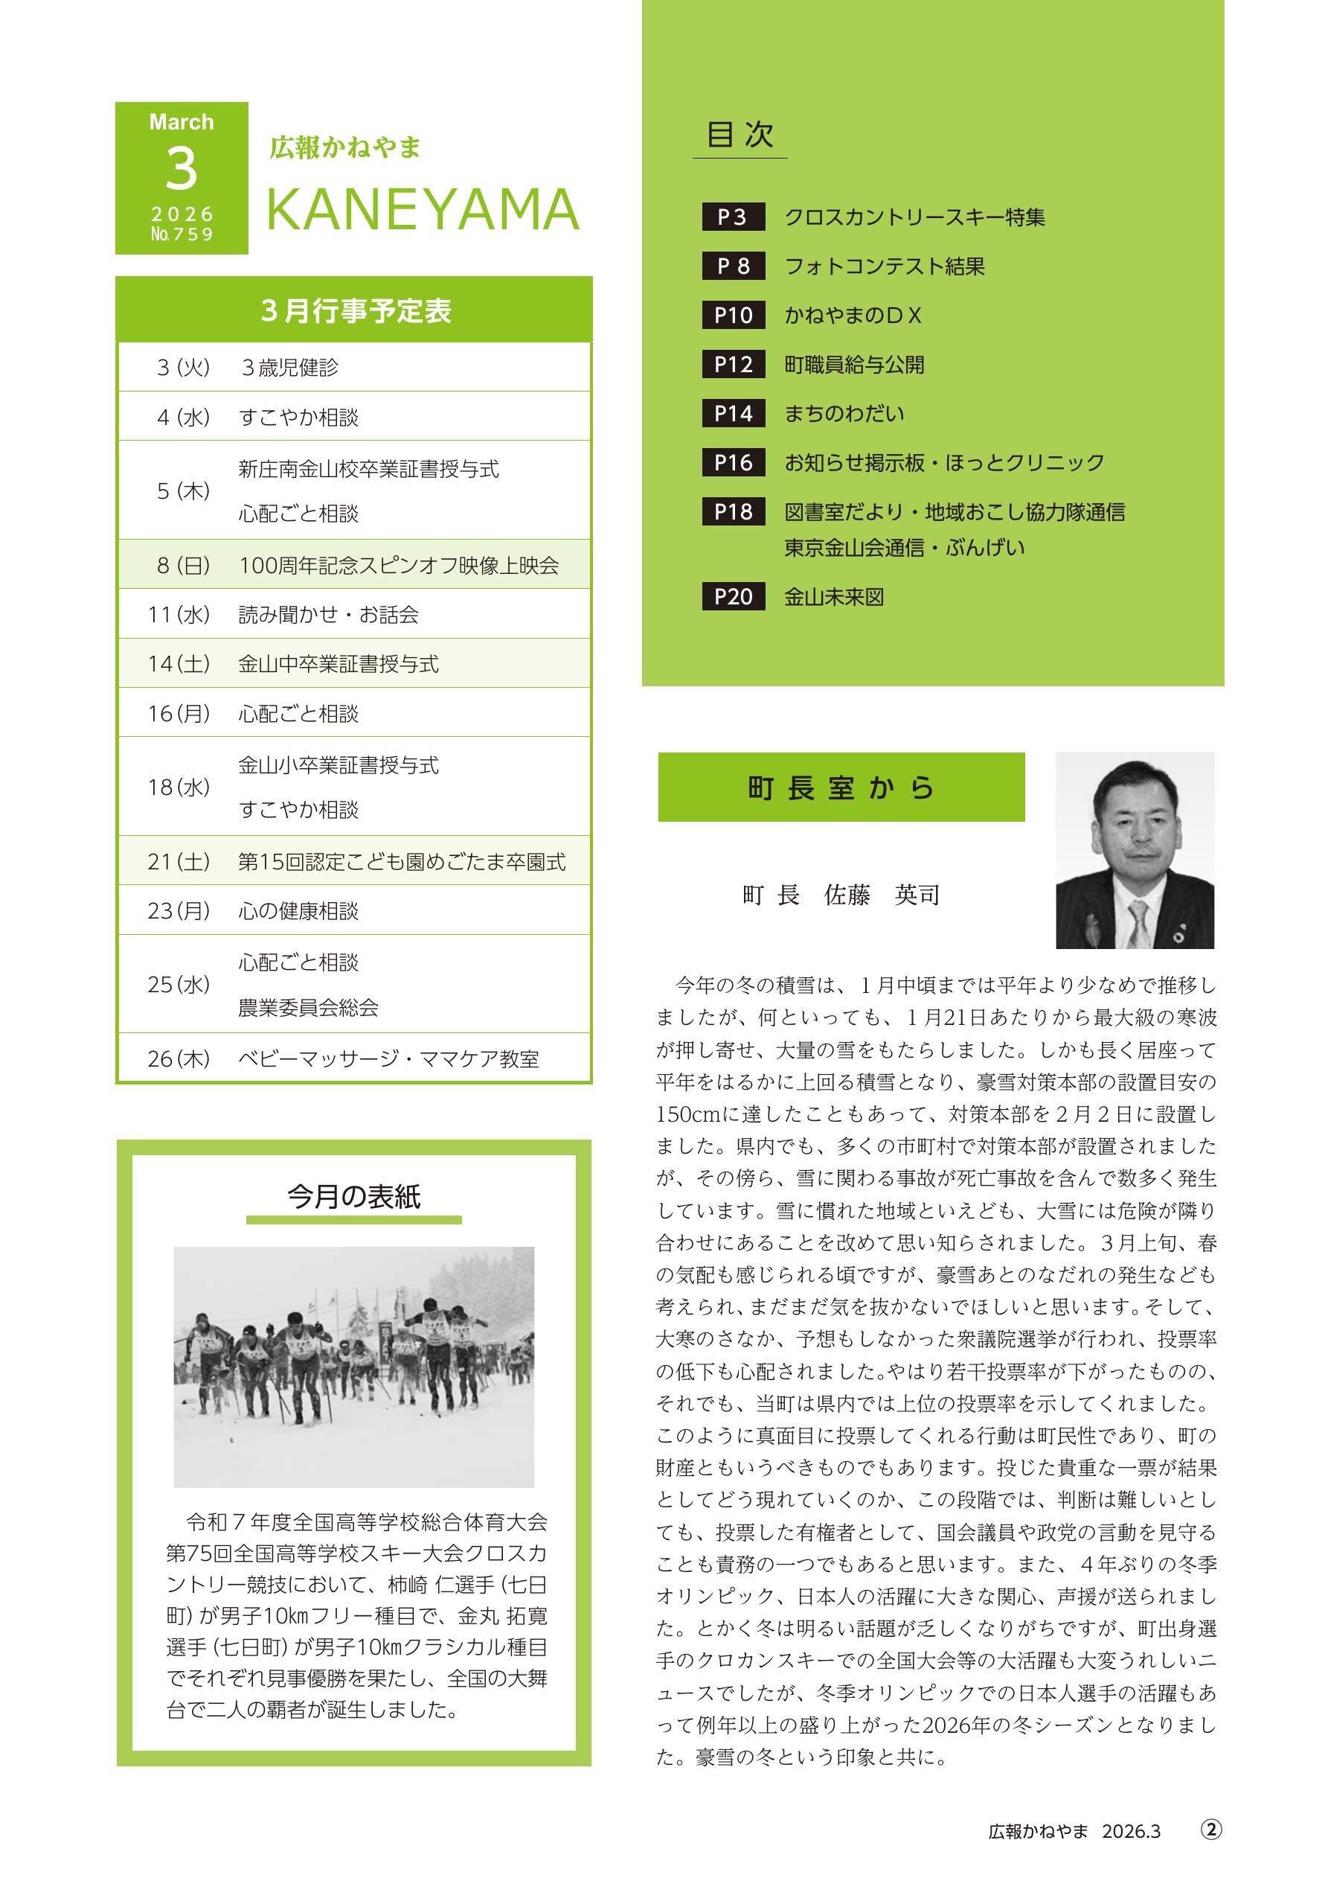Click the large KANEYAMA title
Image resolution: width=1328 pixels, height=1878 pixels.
pos(423,210)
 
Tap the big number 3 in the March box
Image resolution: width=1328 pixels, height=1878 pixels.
pos(182,168)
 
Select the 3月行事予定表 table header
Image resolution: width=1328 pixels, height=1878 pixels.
pos(354,311)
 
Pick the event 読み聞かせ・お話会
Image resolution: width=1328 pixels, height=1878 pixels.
pos(329,614)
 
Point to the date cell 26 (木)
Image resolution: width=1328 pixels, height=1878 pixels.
pos(179,1059)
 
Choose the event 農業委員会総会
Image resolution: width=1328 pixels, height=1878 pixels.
pos(308,1008)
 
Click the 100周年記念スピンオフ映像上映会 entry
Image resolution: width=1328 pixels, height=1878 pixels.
pos(399,565)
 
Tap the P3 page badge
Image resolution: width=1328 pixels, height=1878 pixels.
pos(733,217)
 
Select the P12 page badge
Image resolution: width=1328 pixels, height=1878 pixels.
pos(733,364)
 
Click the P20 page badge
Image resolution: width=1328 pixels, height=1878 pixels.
pos(733,596)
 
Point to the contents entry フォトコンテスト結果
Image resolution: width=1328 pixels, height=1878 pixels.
pos(885,266)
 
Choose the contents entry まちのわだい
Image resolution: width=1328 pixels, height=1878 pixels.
pos(844,413)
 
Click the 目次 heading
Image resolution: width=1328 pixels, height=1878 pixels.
pos(740,135)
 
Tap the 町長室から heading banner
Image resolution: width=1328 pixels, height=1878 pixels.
pos(841,788)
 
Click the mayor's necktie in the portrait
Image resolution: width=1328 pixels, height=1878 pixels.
pos(1138,922)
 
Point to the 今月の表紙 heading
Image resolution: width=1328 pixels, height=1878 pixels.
pos(353,1197)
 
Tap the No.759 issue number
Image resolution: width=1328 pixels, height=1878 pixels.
pos(182,234)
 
